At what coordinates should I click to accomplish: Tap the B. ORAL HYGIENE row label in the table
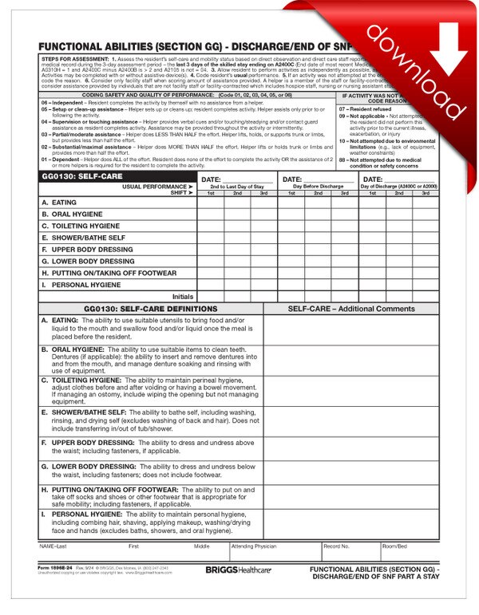click(74, 215)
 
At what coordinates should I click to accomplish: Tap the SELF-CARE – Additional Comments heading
click(351, 308)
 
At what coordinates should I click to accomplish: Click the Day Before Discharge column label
click(318, 186)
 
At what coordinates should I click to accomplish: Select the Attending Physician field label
click(253, 546)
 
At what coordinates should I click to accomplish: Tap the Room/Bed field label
click(394, 546)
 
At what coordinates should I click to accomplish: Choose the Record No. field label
click(336, 546)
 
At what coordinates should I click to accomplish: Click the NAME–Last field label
click(53, 546)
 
